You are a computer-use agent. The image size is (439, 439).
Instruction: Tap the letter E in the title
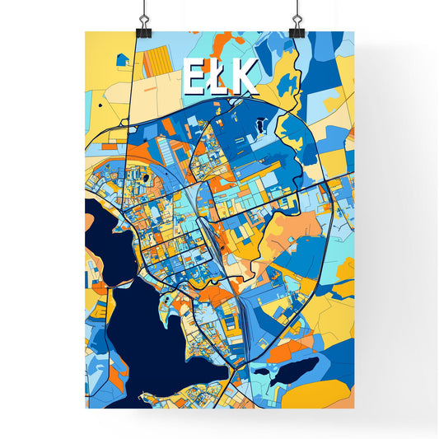click(x=193, y=77)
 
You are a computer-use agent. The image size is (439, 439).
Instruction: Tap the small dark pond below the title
click(x=260, y=124)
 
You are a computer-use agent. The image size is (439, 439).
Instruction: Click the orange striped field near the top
click(x=156, y=63)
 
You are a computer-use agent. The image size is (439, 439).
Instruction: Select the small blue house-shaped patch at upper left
click(x=123, y=59)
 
